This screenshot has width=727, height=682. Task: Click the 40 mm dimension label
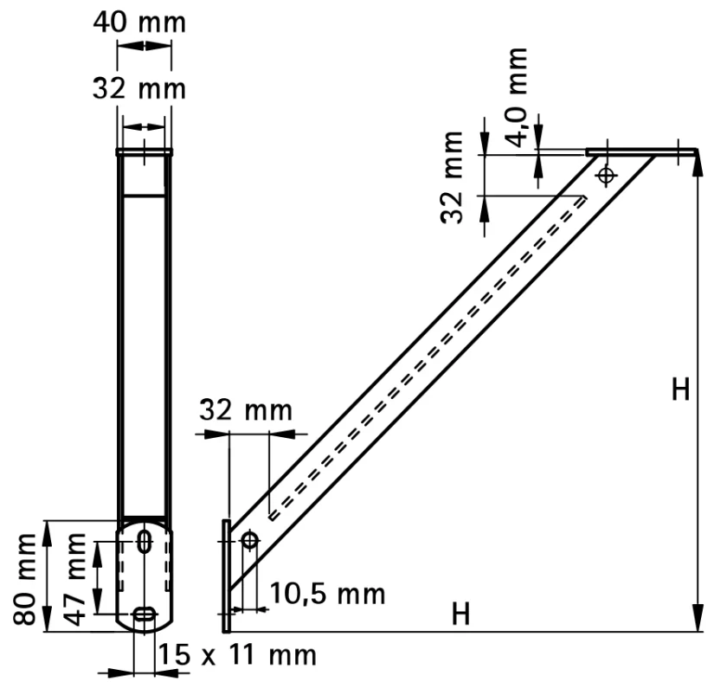click(x=139, y=23)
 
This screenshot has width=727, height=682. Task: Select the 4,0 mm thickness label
click(x=516, y=96)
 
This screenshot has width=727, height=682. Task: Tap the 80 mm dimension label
click(x=25, y=579)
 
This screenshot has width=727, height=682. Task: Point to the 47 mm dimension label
click(x=74, y=579)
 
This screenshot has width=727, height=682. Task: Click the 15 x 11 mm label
click(x=237, y=654)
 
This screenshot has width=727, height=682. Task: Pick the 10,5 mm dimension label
click(x=327, y=594)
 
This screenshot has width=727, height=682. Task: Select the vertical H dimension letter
click(x=680, y=389)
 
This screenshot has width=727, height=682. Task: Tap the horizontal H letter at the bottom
click(x=460, y=614)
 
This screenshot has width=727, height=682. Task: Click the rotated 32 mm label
click(x=452, y=177)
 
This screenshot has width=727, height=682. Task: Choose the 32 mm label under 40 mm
click(x=139, y=88)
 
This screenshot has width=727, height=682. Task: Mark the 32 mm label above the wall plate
click(x=246, y=410)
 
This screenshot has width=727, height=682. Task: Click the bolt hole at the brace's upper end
click(x=606, y=175)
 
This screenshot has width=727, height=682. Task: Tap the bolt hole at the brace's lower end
click(x=250, y=540)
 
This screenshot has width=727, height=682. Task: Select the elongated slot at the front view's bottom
click(x=145, y=614)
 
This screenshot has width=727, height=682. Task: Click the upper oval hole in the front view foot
click(x=145, y=542)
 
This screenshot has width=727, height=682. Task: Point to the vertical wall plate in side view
click(x=226, y=576)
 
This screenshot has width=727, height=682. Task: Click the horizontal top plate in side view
click(x=641, y=152)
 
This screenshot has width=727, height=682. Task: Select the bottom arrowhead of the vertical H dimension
click(x=697, y=619)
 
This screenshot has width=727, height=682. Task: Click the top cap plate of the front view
click(x=145, y=151)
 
